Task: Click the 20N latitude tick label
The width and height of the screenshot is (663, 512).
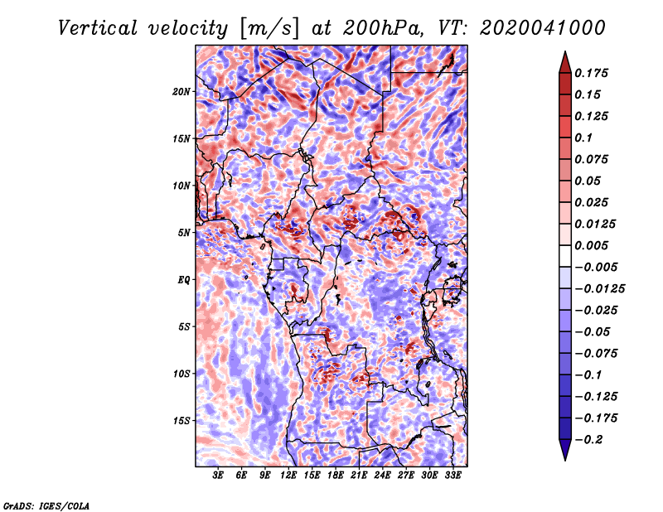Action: click(x=181, y=92)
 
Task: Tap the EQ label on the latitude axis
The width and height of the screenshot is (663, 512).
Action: click(x=183, y=280)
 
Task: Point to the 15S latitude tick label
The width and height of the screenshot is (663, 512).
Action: click(x=181, y=421)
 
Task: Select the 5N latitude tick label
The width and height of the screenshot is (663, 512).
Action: click(x=184, y=233)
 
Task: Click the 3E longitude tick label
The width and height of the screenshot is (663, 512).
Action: click(x=218, y=475)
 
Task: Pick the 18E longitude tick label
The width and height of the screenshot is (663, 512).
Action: click(x=335, y=475)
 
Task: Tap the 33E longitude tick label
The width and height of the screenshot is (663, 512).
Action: click(x=452, y=475)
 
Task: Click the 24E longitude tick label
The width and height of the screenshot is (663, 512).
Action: click(x=382, y=475)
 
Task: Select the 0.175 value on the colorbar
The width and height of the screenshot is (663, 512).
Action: click(x=591, y=73)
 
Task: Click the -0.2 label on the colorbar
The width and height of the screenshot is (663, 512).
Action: click(x=588, y=440)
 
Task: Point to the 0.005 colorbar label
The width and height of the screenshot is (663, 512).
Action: click(x=591, y=245)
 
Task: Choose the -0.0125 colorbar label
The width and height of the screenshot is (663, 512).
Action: click(x=599, y=289)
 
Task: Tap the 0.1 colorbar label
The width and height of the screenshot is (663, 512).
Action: click(x=583, y=138)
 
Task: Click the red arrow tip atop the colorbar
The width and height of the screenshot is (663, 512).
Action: click(x=565, y=51)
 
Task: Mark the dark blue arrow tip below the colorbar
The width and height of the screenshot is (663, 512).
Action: click(x=565, y=460)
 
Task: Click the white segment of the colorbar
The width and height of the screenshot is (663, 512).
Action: click(x=565, y=256)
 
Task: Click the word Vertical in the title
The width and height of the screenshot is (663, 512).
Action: click(x=98, y=28)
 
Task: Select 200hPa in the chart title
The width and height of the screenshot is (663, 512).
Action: click(x=383, y=28)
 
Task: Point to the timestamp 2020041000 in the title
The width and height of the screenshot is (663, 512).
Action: click(x=543, y=28)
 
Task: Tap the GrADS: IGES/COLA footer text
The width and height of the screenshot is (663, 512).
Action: click(x=46, y=505)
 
